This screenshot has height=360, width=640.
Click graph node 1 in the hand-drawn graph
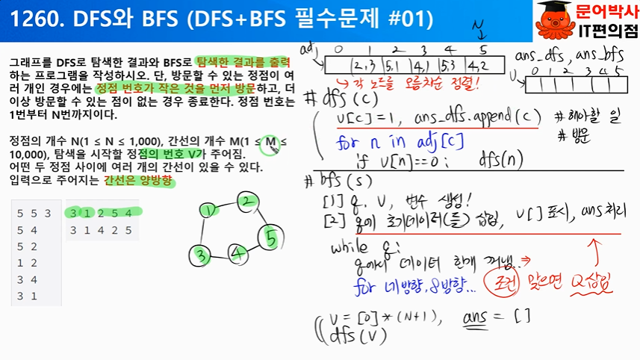point(209,211)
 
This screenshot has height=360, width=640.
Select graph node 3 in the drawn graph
point(200,255)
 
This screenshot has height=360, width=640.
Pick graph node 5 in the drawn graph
point(271,240)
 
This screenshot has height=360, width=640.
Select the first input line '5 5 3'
point(34,214)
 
